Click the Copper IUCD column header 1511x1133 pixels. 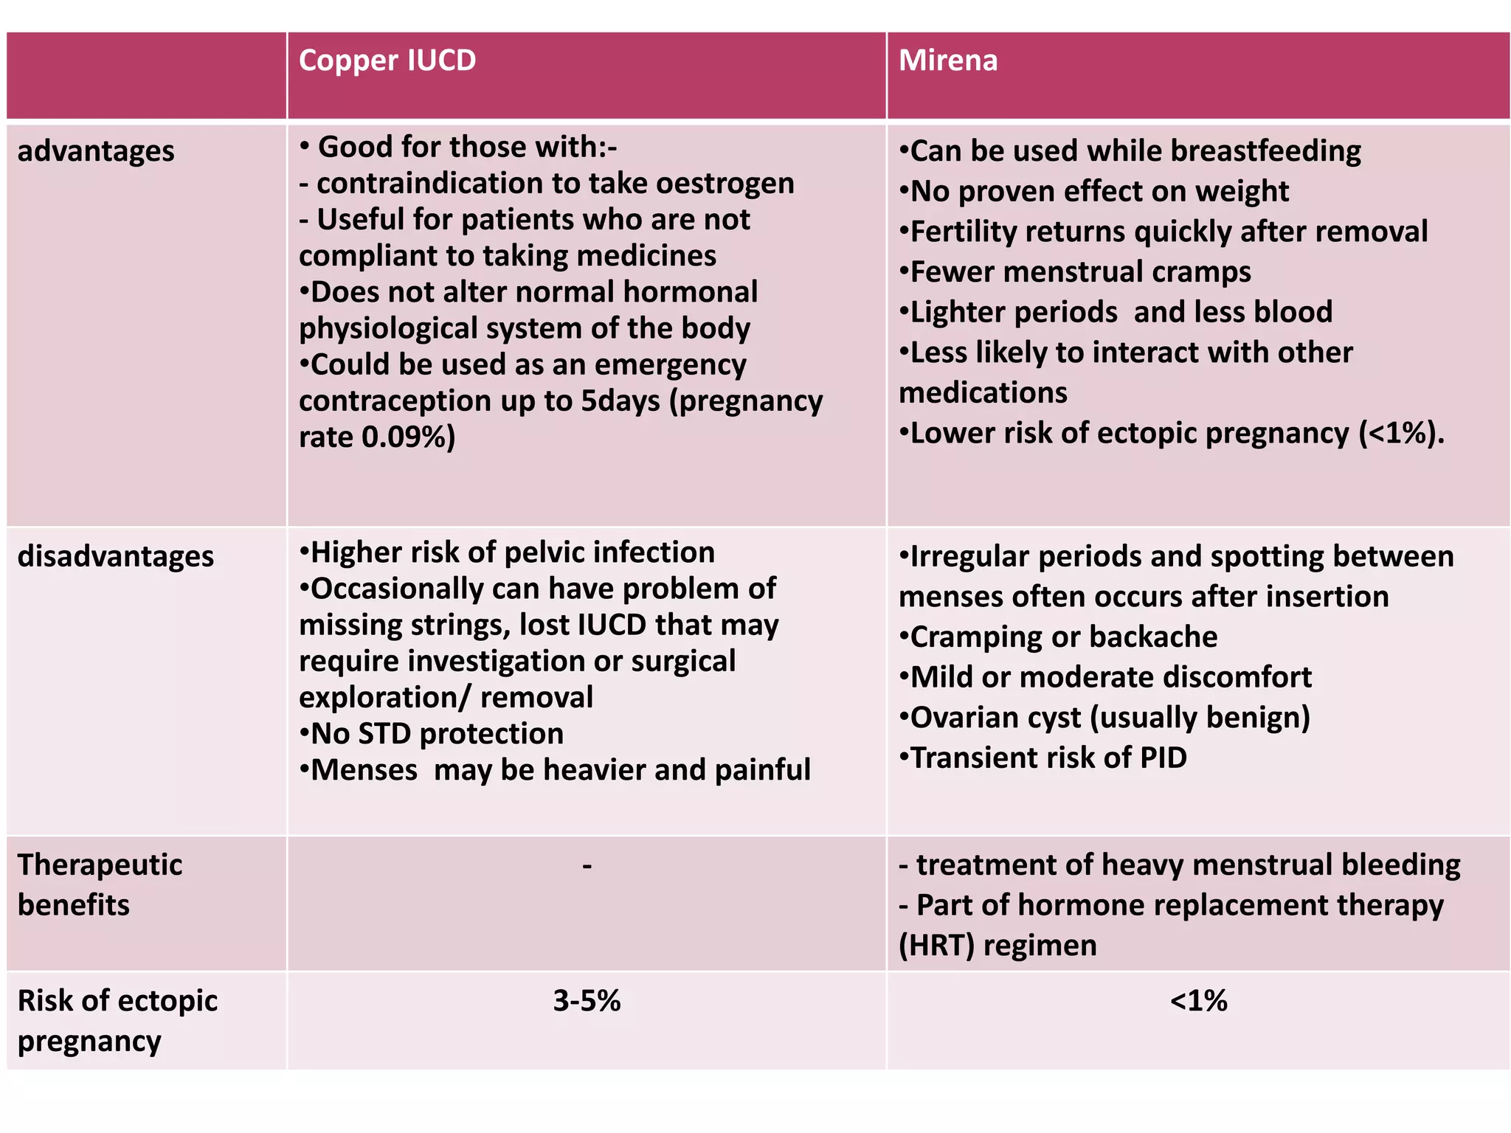(x=387, y=60)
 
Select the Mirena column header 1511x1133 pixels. (x=948, y=60)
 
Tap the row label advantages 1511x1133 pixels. (x=96, y=151)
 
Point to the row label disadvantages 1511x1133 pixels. (x=116, y=556)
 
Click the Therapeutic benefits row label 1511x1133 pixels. (x=100, y=884)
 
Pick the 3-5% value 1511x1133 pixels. (x=587, y=1001)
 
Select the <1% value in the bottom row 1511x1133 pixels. (x=1198, y=1001)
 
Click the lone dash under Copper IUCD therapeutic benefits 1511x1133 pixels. (x=587, y=865)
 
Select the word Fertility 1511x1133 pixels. (x=963, y=232)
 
